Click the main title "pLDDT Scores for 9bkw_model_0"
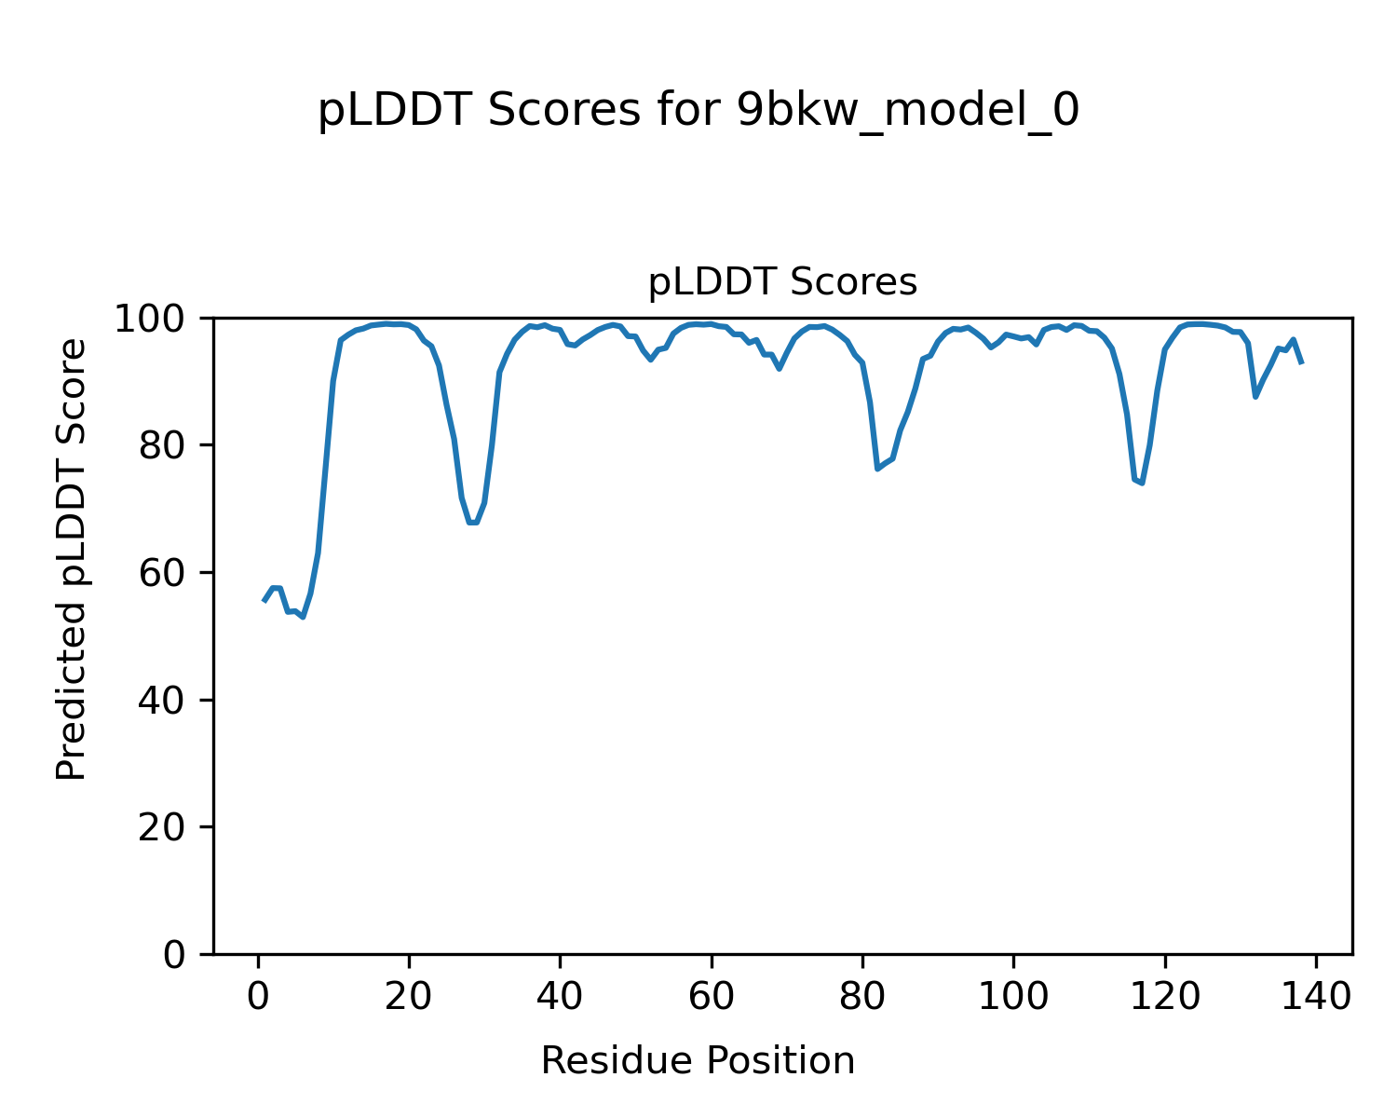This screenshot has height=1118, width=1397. [x=698, y=112]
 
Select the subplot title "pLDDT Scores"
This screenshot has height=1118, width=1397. [x=782, y=282]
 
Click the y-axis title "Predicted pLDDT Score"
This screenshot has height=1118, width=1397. [x=72, y=559]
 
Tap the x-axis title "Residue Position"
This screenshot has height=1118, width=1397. [x=698, y=1061]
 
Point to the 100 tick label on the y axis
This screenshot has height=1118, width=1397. [x=158, y=319]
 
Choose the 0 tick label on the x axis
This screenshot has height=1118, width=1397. [x=258, y=997]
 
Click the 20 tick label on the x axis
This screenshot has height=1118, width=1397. [x=409, y=997]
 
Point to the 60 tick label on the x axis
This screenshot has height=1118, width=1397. [x=711, y=997]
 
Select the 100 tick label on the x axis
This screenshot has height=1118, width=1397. [x=1012, y=997]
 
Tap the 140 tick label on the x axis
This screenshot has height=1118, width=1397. [x=1314, y=997]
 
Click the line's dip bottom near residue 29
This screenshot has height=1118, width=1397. [x=473, y=523]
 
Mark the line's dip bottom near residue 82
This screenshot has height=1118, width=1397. [x=877, y=468]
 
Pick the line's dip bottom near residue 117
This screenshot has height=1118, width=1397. [x=1142, y=483]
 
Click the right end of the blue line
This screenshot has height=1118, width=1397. [x=1301, y=361]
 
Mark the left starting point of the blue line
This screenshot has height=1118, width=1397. [x=264, y=601]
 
